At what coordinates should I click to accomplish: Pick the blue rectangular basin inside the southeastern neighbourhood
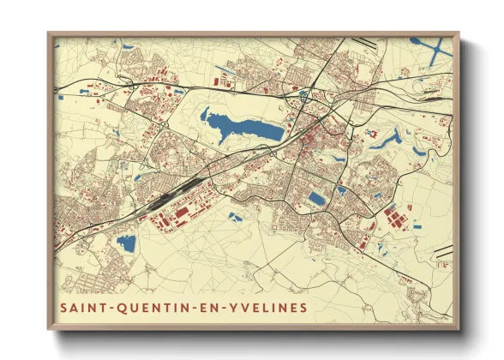pos(316,199)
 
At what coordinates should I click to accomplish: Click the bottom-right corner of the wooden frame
pos(459,328)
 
